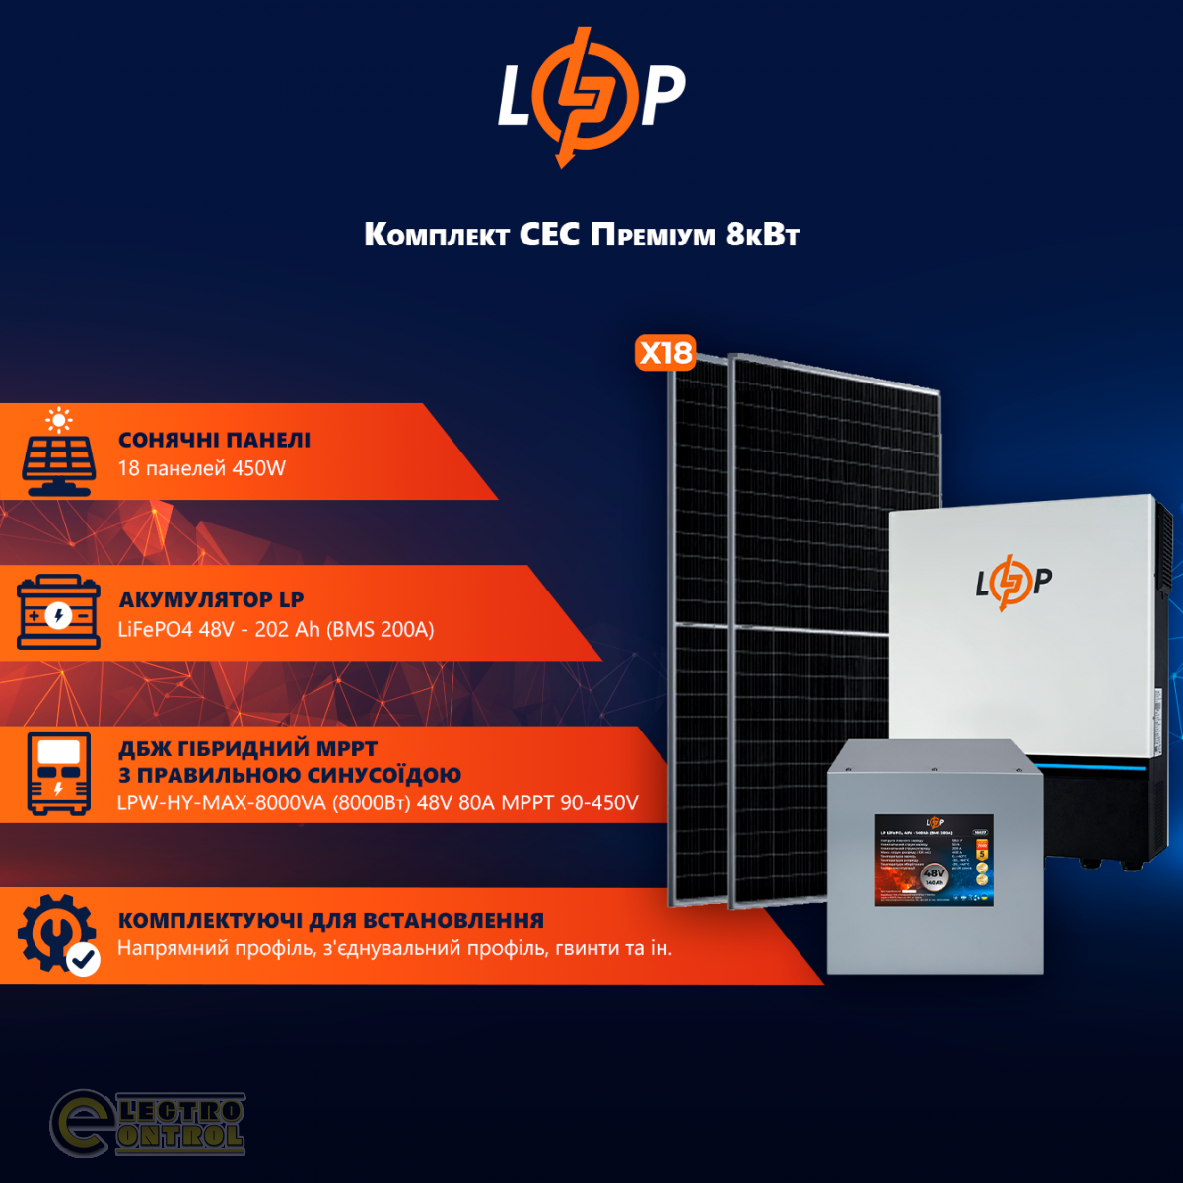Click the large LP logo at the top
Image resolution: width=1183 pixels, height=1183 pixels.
(x=591, y=96)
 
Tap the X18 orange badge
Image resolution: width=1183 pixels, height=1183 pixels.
(x=666, y=353)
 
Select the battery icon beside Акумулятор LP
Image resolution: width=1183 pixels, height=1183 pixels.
(x=59, y=613)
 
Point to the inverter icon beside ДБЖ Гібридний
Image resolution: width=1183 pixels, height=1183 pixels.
(x=59, y=774)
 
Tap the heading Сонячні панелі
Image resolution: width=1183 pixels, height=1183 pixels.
(x=214, y=440)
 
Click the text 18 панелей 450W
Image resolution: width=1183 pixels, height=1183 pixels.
(x=202, y=468)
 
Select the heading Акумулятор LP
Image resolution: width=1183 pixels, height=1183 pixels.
(x=211, y=599)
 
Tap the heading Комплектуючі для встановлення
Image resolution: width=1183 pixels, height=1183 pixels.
(x=331, y=920)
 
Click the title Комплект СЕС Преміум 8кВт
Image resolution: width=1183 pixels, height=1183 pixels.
(x=582, y=235)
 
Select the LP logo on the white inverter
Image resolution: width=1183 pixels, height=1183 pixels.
(x=1013, y=583)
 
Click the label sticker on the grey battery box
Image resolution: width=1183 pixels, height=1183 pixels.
(x=934, y=861)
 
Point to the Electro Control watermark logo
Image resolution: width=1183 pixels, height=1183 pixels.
(x=148, y=1124)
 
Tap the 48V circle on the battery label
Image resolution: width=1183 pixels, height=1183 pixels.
(x=934, y=876)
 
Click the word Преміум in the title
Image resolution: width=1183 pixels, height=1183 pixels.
(x=653, y=235)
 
